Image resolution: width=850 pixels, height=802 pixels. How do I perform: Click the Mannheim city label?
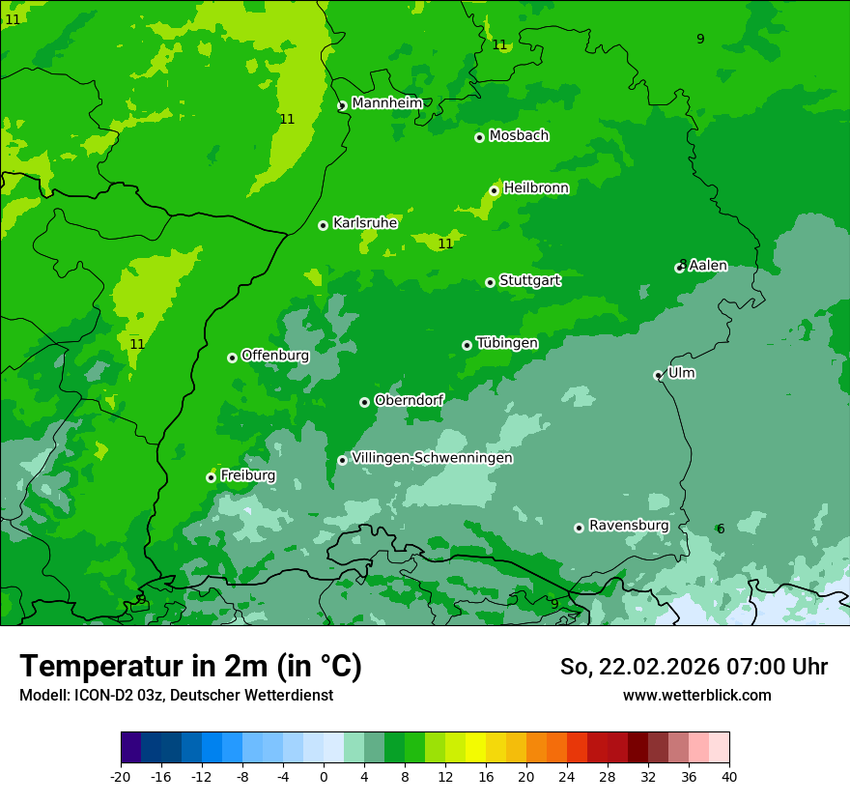coord(386,103)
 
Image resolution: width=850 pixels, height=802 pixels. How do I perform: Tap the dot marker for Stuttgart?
coord(490,282)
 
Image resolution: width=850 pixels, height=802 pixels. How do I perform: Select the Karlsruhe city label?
coord(365,223)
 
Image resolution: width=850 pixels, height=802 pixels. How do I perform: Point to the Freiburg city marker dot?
coord(211,477)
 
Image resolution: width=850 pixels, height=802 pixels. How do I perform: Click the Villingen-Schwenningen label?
coord(432,458)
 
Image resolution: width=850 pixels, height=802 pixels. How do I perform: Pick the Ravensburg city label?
coord(629,526)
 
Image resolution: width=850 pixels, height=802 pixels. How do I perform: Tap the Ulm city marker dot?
coord(658,375)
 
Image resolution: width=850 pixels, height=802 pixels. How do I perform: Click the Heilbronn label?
coord(536,188)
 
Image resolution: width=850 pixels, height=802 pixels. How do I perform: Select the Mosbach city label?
coord(519,136)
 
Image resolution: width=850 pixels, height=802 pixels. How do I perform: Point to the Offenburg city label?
coord(275,356)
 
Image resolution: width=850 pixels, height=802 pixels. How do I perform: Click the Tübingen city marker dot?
coord(467,345)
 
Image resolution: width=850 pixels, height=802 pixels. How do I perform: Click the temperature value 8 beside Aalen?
coord(682,264)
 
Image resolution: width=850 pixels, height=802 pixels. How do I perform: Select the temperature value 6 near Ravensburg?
coord(720,529)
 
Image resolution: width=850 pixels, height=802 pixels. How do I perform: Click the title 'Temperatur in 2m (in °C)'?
coord(190,666)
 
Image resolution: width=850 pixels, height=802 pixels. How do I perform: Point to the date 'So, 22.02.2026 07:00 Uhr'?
coord(694,667)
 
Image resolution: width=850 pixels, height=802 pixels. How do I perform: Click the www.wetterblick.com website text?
coord(696,695)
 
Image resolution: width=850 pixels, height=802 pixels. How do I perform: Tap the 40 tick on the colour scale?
coord(728,776)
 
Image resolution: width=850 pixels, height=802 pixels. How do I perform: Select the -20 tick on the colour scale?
coord(121,776)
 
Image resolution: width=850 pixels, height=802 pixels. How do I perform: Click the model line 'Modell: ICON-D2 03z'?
coord(176,695)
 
